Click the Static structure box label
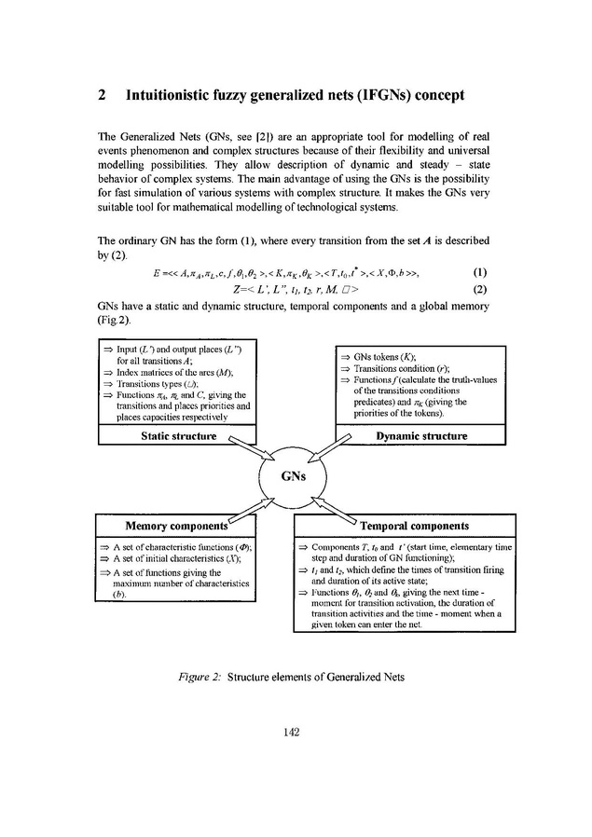coord(180,436)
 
